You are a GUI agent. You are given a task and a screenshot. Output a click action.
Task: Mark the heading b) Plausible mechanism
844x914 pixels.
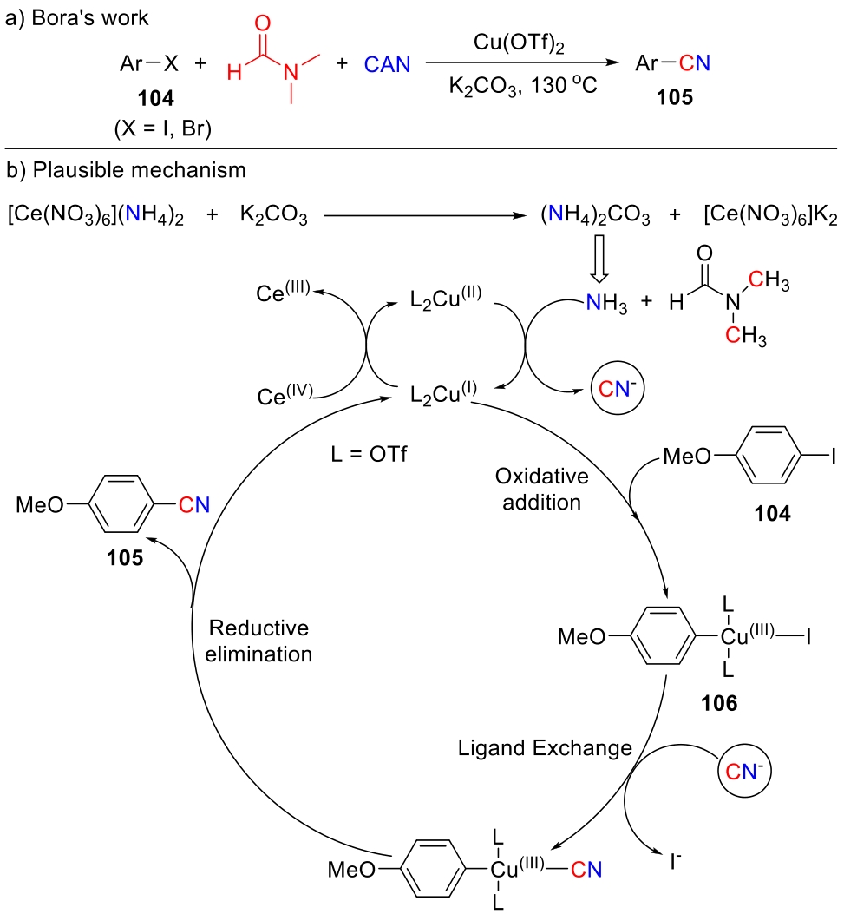pos(127,170)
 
